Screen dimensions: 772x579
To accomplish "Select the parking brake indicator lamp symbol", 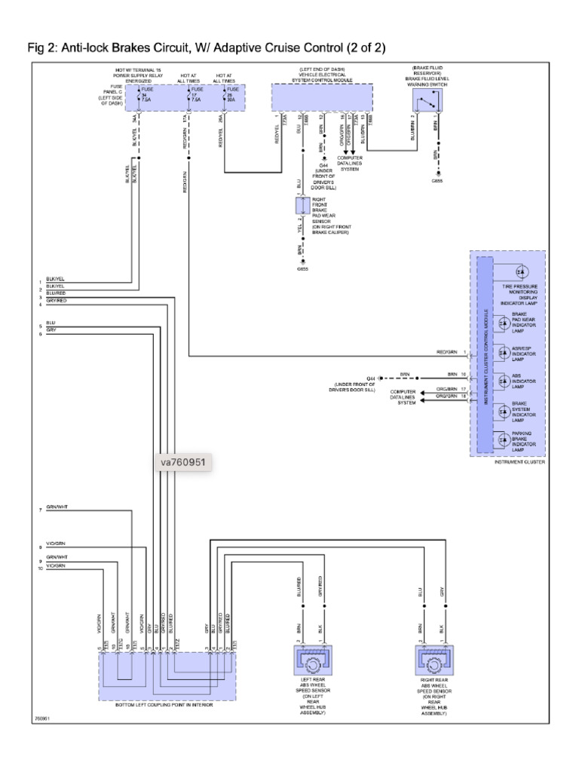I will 501,439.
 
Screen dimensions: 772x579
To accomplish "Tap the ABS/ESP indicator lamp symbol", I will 501,351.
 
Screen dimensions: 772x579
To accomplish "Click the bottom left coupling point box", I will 167,675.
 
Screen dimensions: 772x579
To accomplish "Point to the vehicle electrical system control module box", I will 321,98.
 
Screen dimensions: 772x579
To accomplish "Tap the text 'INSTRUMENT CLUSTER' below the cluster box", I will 519,462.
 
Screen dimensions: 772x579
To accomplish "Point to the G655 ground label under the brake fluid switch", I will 438,181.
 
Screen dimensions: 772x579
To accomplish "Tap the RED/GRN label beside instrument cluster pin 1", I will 446,352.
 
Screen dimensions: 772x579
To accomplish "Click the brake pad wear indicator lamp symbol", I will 501,322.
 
